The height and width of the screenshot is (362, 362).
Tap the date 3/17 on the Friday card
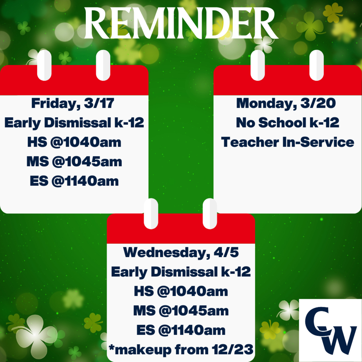tap(99, 103)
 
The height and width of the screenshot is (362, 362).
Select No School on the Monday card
tap(271, 122)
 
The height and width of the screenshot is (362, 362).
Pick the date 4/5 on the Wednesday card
tap(226, 252)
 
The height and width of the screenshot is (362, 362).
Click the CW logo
tap(331, 331)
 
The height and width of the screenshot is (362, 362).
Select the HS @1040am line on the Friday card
tap(74, 142)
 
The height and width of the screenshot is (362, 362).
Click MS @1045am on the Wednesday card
tap(181, 311)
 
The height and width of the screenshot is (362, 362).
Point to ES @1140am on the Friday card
tap(74, 181)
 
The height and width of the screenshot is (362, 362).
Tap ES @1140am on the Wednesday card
tap(181, 330)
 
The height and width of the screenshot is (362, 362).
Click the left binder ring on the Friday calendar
tap(44, 65)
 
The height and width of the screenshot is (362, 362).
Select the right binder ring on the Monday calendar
tap(316, 65)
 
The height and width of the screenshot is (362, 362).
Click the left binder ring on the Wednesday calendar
tap(151, 214)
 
